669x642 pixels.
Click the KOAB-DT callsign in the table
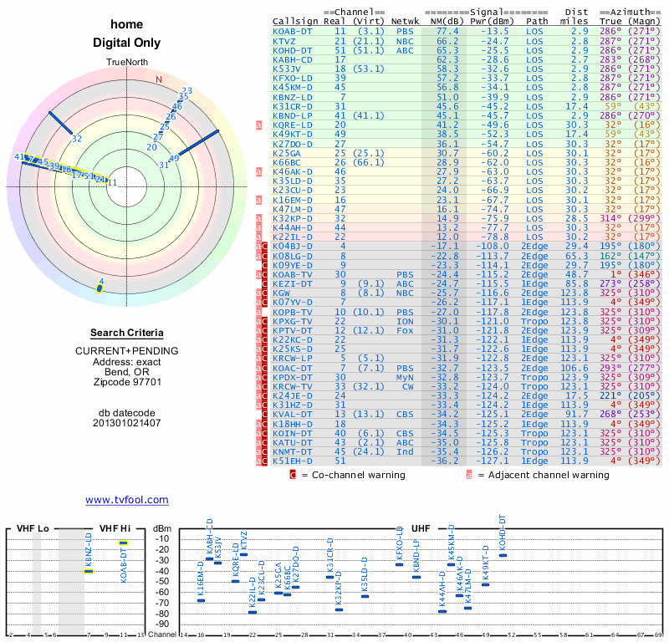(293, 31)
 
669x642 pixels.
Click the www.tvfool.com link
(126, 500)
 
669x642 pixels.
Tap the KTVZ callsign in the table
(284, 40)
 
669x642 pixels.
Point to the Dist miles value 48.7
(576, 274)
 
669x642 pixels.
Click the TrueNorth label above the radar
(127, 64)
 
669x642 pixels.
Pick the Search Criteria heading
(127, 333)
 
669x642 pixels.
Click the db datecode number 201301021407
(127, 423)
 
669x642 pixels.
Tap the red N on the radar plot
(158, 80)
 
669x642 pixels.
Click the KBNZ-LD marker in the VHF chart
(89, 571)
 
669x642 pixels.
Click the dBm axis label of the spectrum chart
(161, 528)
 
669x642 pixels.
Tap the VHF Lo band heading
(33, 528)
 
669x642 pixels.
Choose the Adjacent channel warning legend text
(544, 475)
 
